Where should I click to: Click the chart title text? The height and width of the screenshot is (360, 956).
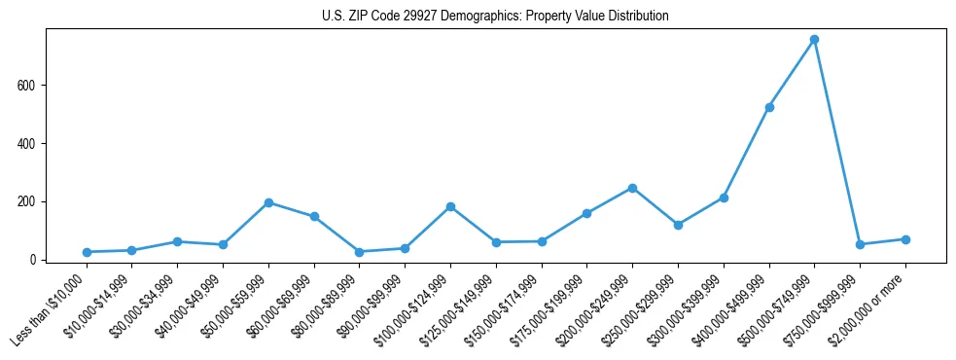pos(495,17)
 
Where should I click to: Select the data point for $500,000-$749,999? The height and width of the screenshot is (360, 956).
pos(814,40)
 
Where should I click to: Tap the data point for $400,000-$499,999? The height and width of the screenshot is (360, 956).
pos(769,107)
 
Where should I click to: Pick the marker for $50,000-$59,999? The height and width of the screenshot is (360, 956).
pos(268,202)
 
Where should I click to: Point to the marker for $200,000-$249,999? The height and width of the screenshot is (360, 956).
pos(632,188)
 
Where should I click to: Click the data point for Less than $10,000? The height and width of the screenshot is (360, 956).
pos(87,252)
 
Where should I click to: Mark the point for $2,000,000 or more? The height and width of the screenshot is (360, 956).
pos(905,239)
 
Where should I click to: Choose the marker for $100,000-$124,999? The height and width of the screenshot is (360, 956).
pos(450,206)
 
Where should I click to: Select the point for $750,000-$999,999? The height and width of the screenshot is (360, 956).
pos(860,244)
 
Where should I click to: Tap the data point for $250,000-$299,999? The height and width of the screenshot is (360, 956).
pos(678,225)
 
